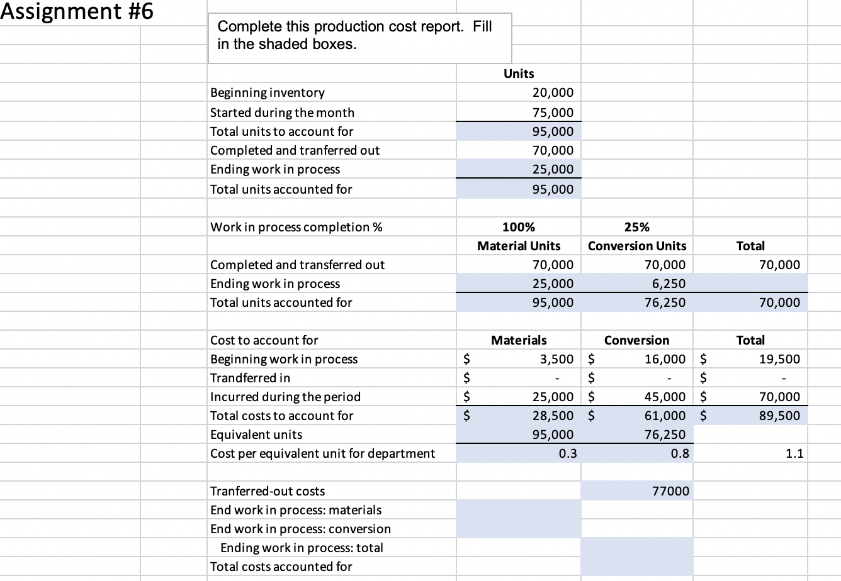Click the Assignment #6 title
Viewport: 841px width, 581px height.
[77, 12]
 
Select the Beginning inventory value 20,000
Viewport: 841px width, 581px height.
[553, 93]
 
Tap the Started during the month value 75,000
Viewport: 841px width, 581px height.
[553, 113]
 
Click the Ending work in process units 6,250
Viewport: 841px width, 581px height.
[669, 284]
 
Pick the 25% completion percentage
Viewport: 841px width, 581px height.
[637, 227]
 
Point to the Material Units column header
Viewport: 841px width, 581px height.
[519, 246]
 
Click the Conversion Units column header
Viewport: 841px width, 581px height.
[637, 246]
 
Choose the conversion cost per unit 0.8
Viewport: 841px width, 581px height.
[680, 453]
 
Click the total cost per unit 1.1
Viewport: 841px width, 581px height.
[794, 453]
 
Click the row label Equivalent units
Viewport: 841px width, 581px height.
[256, 434]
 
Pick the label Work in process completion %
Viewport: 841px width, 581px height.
[296, 227]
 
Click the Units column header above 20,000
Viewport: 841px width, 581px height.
[519, 74]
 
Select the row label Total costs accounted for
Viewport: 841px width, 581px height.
[281, 567]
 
